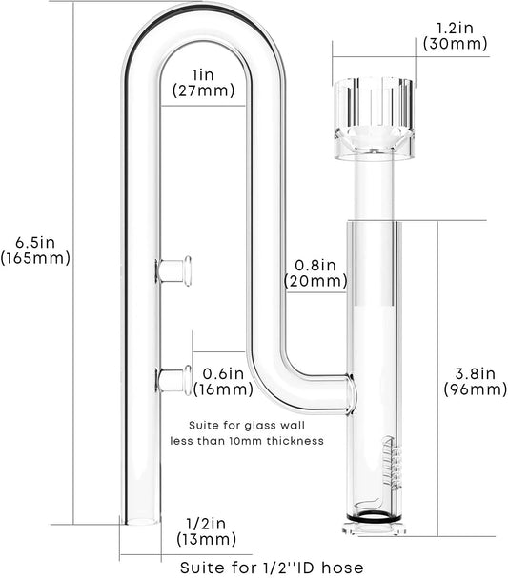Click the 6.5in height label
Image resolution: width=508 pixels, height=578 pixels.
35,242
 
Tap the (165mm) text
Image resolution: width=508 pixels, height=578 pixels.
35,258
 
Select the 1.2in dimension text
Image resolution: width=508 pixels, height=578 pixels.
455,28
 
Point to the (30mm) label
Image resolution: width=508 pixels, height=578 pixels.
455,44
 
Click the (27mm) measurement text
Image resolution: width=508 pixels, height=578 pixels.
203,90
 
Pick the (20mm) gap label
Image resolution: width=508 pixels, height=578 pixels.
315,281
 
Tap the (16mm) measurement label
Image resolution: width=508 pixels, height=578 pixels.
224,389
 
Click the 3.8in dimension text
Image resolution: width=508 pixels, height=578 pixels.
475,374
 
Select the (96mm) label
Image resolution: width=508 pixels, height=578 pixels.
476,389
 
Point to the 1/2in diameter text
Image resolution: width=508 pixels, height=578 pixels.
206,524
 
